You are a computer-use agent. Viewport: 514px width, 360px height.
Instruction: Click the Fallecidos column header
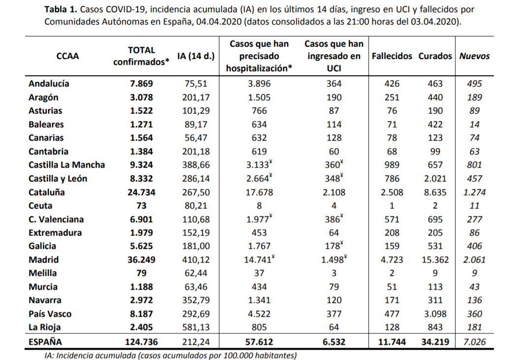[392, 56]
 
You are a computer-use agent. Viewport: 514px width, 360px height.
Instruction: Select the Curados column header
[435, 56]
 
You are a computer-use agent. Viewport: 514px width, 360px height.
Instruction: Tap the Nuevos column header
[474, 56]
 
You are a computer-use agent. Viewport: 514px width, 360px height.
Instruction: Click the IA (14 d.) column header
[196, 56]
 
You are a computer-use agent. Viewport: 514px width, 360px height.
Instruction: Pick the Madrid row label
[44, 260]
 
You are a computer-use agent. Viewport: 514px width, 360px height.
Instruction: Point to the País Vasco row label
[50, 314]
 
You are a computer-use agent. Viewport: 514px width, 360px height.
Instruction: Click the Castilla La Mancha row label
[66, 165]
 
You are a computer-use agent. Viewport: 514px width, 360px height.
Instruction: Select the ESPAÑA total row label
[45, 342]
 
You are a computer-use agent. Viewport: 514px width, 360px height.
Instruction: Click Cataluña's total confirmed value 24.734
[141, 192]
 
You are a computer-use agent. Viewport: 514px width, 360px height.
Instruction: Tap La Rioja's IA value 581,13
[196, 327]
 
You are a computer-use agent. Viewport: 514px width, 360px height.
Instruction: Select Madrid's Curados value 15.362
[435, 260]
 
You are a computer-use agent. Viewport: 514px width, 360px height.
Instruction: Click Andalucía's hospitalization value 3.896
[259, 84]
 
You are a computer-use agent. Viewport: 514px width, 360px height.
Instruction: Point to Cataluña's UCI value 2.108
[333, 192]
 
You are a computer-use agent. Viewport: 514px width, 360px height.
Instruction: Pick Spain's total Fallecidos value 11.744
[392, 342]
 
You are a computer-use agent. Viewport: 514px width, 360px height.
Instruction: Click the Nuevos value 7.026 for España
[474, 342]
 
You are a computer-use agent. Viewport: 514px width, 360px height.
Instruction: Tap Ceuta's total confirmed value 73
[141, 206]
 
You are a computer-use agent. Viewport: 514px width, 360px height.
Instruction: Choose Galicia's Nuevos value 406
[474, 246]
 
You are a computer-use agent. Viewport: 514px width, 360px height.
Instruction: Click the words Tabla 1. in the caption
[60, 9]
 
